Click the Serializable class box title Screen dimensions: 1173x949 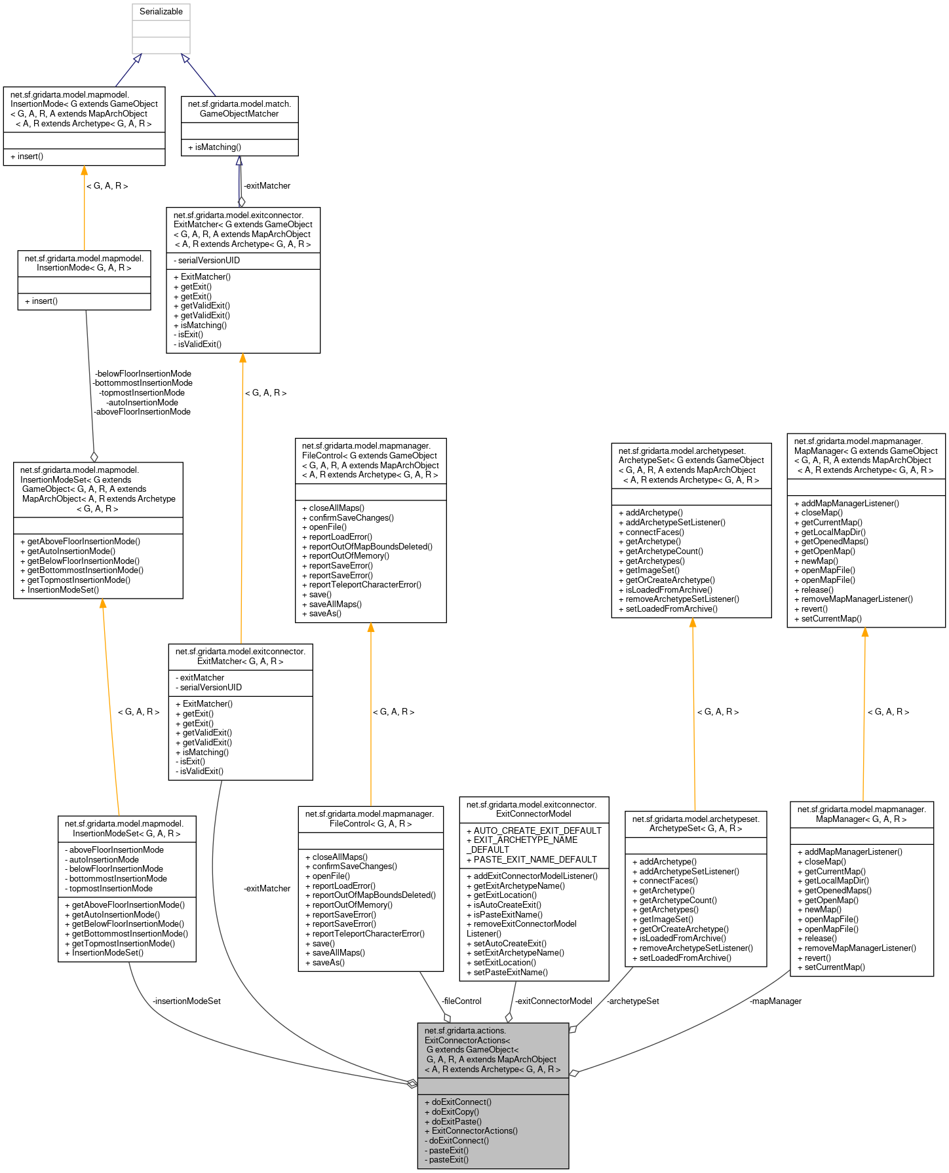[x=161, y=12]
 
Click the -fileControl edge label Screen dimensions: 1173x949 [x=461, y=1001]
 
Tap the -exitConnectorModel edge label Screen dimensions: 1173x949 [x=553, y=1001]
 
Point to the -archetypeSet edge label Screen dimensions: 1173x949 [x=632, y=1001]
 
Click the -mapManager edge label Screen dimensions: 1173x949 [x=775, y=1001]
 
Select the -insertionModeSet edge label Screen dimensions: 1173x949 [x=187, y=1001]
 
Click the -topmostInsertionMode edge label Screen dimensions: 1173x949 [x=142, y=393]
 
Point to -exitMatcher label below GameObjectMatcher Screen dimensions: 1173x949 [x=267, y=186]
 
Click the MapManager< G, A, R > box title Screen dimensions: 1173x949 [x=861, y=814]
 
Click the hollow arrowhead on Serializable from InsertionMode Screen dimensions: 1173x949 [x=137, y=59]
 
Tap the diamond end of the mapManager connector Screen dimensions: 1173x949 [x=574, y=1073]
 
